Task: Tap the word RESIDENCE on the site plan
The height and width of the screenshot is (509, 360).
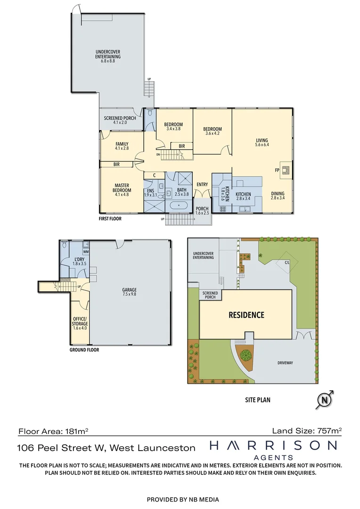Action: coord(246,315)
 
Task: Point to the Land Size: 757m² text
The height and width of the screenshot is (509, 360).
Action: coord(307,430)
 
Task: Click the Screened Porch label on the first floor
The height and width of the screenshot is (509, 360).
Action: coord(120,120)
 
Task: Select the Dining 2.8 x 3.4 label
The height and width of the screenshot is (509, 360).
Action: coord(278,196)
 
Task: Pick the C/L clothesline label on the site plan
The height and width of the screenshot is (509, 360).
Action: coord(286,263)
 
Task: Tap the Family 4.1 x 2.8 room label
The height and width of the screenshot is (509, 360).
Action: coord(122,146)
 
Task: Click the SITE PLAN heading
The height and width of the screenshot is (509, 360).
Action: coord(258,400)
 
